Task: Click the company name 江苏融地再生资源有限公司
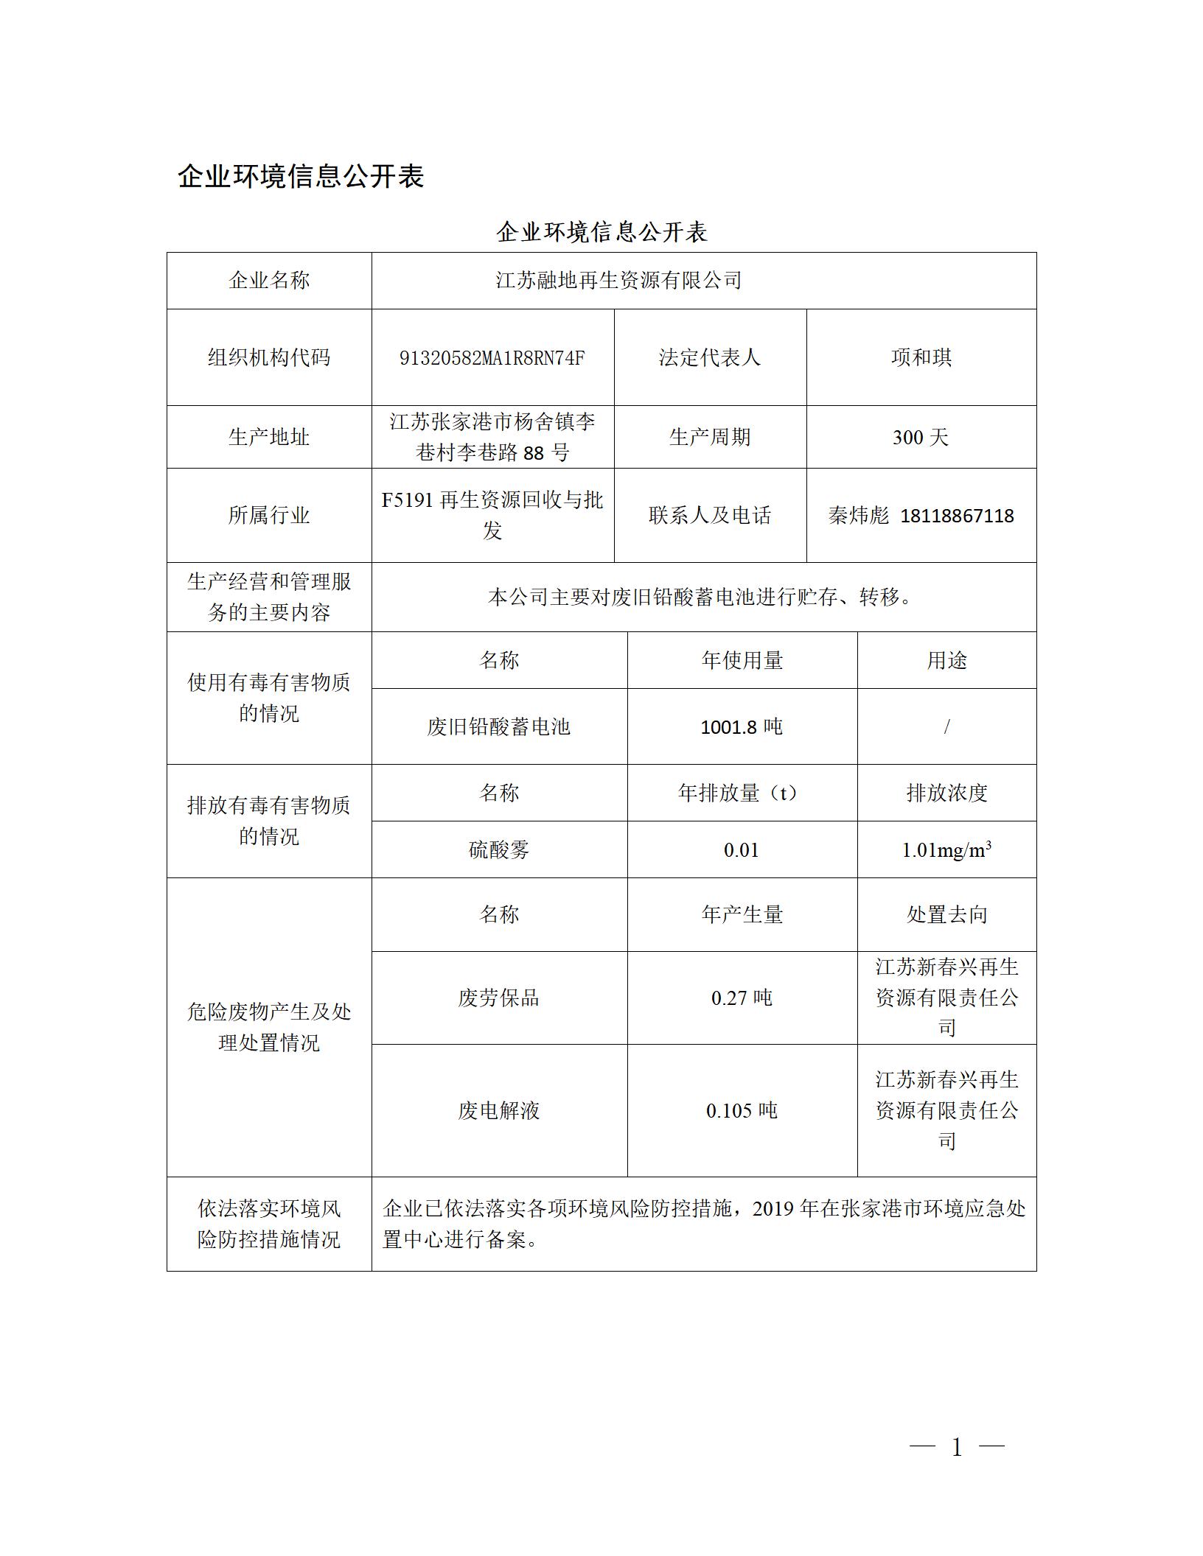pyautogui.click(x=618, y=281)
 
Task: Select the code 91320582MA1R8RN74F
pyautogui.click(x=492, y=358)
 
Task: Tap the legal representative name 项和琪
pyautogui.click(x=921, y=358)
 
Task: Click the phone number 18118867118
pyautogui.click(x=957, y=516)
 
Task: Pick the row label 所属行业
pyautogui.click(x=268, y=515)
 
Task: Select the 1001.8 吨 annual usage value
pyautogui.click(x=741, y=727)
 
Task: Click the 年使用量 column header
pyautogui.click(x=742, y=661)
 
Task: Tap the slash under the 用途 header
pyautogui.click(x=946, y=727)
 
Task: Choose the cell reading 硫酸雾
pyautogui.click(x=499, y=850)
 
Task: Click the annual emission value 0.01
pyautogui.click(x=741, y=850)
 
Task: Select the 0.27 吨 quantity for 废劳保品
pyautogui.click(x=741, y=998)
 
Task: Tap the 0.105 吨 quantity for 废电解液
pyautogui.click(x=741, y=1111)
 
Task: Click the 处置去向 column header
pyautogui.click(x=946, y=915)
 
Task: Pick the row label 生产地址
pyautogui.click(x=268, y=438)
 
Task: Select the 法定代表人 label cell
pyautogui.click(x=709, y=358)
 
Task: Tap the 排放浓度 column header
pyautogui.click(x=946, y=793)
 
